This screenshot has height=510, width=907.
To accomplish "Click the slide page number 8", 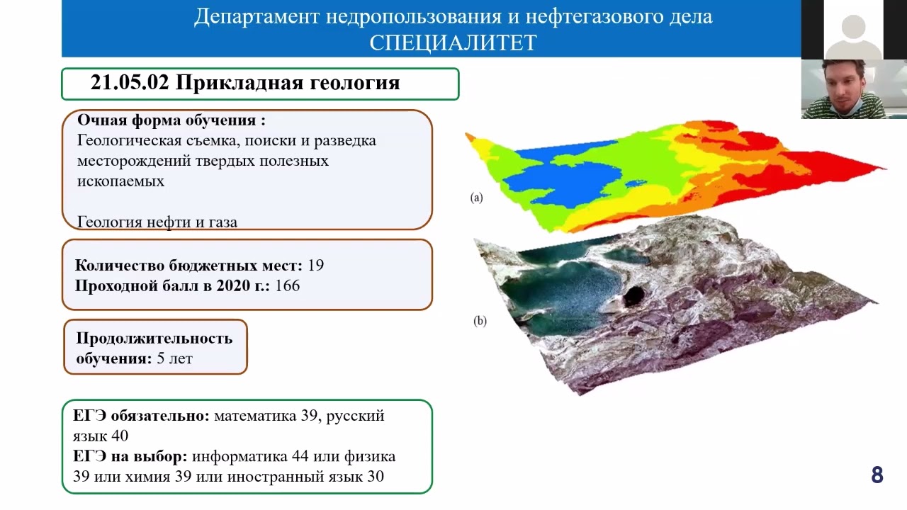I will click(877, 475).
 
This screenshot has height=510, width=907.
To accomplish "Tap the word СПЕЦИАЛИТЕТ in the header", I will click(453, 43).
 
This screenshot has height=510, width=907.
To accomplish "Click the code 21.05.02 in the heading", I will click(129, 83).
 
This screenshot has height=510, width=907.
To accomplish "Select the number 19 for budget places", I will click(316, 266).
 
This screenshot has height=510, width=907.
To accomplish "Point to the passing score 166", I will click(287, 285).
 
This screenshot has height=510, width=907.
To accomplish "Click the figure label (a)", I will click(476, 198).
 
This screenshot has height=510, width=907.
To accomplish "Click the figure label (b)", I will click(480, 320).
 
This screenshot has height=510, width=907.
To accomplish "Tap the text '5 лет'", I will click(174, 358).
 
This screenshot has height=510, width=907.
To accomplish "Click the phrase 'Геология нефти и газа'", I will click(157, 222).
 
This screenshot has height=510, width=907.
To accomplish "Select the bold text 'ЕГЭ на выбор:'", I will click(130, 456).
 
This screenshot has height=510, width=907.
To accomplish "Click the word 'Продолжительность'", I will click(154, 338).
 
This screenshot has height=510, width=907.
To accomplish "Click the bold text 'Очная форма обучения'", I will click(167, 120).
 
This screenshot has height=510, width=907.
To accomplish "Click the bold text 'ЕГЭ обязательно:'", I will click(141, 416).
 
